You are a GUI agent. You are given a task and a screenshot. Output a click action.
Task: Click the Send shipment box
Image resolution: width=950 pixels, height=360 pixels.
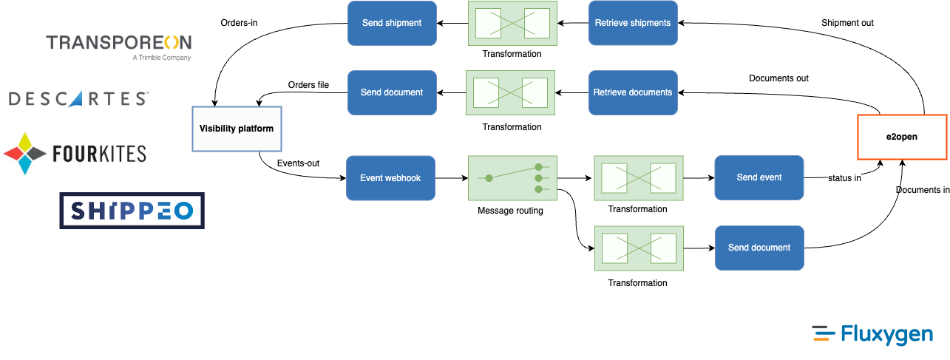pos(392,23)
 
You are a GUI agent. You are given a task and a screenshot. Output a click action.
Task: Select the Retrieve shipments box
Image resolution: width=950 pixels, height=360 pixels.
pos(633,23)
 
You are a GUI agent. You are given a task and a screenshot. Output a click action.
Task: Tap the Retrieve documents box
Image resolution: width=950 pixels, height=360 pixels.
pos(633,92)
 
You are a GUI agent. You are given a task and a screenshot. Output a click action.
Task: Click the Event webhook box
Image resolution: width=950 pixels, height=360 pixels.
pos(390,178)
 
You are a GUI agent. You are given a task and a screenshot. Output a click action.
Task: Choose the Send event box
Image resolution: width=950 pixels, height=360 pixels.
pos(759,177)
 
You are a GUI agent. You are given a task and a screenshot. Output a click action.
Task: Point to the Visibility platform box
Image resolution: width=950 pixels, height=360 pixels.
pos(237,129)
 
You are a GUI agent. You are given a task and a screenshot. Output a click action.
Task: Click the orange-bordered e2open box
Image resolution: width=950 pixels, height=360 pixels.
pos(902,137)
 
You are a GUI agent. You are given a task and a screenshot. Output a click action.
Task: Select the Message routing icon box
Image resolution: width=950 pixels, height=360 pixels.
pos(512,178)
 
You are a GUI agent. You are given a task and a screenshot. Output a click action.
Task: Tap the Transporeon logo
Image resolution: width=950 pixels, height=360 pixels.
pos(119,47)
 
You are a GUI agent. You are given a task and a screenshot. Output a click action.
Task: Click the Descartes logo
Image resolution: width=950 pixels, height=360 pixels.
pos(78,99)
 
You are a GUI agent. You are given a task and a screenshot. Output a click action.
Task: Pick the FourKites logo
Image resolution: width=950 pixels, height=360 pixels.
pos(75,154)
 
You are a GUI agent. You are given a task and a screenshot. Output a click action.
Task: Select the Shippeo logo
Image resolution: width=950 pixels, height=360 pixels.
pos(132,211)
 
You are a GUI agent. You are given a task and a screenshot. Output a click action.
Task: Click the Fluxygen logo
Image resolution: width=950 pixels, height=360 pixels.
pos(872,334)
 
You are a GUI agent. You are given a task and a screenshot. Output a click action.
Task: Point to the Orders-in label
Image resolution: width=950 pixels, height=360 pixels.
pos(239,22)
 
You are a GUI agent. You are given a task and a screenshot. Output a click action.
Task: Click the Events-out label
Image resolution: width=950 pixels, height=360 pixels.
pos(298,163)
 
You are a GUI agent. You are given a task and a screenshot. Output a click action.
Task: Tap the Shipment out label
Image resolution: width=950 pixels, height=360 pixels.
pos(847,23)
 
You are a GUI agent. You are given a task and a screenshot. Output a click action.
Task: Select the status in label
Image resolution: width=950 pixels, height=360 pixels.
pos(844,178)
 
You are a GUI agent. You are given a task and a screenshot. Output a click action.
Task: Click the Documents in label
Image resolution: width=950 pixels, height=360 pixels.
pos(922,190)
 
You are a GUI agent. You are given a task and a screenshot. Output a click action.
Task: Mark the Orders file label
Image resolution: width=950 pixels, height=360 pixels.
pos(308,85)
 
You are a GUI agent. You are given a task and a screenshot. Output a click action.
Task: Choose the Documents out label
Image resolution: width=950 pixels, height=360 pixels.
pos(778,78)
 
